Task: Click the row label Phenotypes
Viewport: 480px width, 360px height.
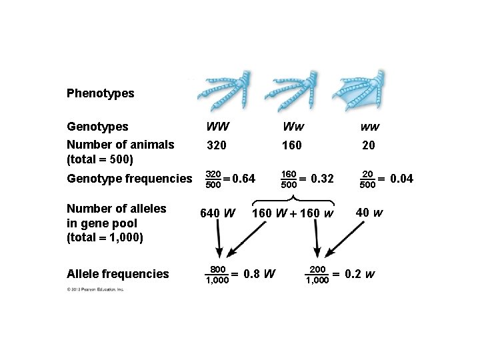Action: (100, 93)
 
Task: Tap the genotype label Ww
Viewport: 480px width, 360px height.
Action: (291, 126)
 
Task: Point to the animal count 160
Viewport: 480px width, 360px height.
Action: (291, 145)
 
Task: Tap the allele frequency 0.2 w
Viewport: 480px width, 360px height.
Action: (360, 274)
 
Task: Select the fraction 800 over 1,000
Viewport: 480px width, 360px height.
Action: (217, 274)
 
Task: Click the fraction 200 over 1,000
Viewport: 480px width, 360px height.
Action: (317, 274)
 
